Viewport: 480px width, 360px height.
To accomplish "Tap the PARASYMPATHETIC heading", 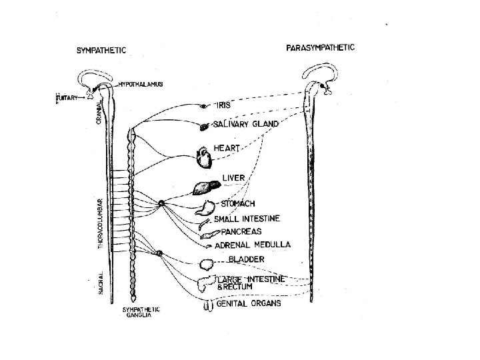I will pyautogui.click(x=320, y=47).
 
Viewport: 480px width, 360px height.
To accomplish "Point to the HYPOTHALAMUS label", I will pyautogui.click(x=140, y=85).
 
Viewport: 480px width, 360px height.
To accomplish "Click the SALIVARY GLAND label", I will pyautogui.click(x=245, y=124).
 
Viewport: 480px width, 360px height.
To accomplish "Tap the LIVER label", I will pyautogui.click(x=234, y=178).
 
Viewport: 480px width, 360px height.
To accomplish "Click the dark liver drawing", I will pyautogui.click(x=204, y=188).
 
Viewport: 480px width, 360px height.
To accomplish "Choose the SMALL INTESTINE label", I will pyautogui.click(x=246, y=218).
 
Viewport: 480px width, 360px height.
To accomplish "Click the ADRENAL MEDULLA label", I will pyautogui.click(x=251, y=245).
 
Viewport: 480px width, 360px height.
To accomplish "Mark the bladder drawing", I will pyautogui.click(x=205, y=264).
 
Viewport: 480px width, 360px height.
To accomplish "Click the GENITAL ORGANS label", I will pyautogui.click(x=249, y=304).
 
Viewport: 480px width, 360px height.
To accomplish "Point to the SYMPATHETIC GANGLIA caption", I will pyautogui.click(x=141, y=313).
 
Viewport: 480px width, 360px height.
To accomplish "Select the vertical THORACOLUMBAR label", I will pyautogui.click(x=101, y=223).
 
